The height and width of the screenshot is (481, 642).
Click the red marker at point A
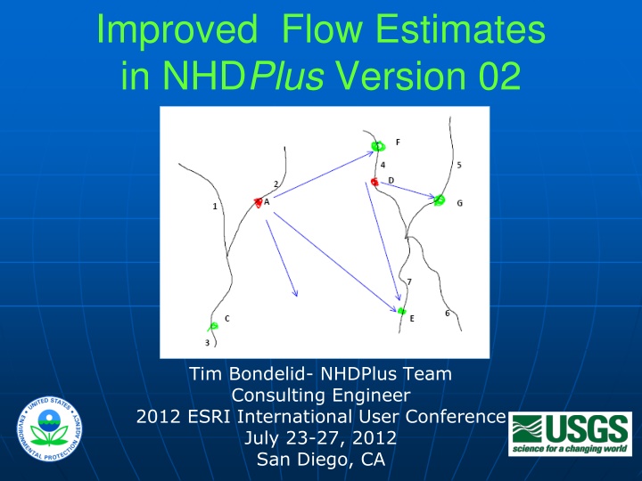[x=258, y=202]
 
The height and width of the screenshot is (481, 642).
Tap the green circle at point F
[x=378, y=145]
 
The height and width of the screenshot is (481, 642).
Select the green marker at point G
[x=439, y=200]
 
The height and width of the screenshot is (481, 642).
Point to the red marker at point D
[x=374, y=182]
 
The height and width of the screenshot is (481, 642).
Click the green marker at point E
[x=401, y=311]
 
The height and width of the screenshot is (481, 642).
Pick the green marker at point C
[x=213, y=326]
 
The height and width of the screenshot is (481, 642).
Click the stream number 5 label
[x=459, y=165]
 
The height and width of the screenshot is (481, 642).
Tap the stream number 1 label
[x=215, y=207]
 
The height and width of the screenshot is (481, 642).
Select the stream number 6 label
[x=447, y=314]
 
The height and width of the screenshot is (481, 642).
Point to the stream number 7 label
[x=409, y=281]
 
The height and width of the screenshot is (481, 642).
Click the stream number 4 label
[x=383, y=165]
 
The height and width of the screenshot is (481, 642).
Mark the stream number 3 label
[x=207, y=343]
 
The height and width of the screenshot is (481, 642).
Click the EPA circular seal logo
[x=49, y=428]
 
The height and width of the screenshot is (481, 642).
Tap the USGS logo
[x=570, y=434]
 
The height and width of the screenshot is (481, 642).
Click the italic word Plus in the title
[x=286, y=76]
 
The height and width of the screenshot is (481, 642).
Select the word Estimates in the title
[x=460, y=29]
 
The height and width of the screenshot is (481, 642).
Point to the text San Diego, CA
[x=321, y=460]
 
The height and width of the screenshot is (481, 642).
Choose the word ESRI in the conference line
[x=210, y=417]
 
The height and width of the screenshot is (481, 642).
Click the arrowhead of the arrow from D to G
[x=432, y=196]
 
